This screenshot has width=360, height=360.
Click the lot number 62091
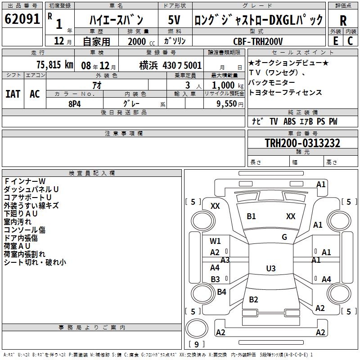(22, 18)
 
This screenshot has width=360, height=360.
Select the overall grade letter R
(343, 21)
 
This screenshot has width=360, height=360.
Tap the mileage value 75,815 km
(55, 64)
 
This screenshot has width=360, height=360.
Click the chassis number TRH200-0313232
(302, 143)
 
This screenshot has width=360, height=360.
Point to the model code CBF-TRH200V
(258, 41)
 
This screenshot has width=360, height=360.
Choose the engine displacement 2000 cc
(141, 41)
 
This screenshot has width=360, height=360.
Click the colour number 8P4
(75, 104)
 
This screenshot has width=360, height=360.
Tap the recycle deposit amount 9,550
(226, 103)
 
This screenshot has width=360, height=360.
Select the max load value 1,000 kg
(228, 85)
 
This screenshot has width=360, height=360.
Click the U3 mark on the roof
(271, 268)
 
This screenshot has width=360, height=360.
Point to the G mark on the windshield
(284, 237)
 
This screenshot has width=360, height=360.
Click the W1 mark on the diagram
(215, 241)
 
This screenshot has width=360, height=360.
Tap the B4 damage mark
(221, 292)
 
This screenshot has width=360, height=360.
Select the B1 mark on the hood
(251, 216)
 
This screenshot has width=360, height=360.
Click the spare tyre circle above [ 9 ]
(197, 328)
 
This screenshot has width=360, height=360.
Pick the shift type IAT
(13, 94)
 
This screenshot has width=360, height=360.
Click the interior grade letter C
(350, 41)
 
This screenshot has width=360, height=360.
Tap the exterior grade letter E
(336, 41)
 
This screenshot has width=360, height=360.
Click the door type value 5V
(174, 20)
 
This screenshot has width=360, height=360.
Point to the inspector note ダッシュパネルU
(31, 189)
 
